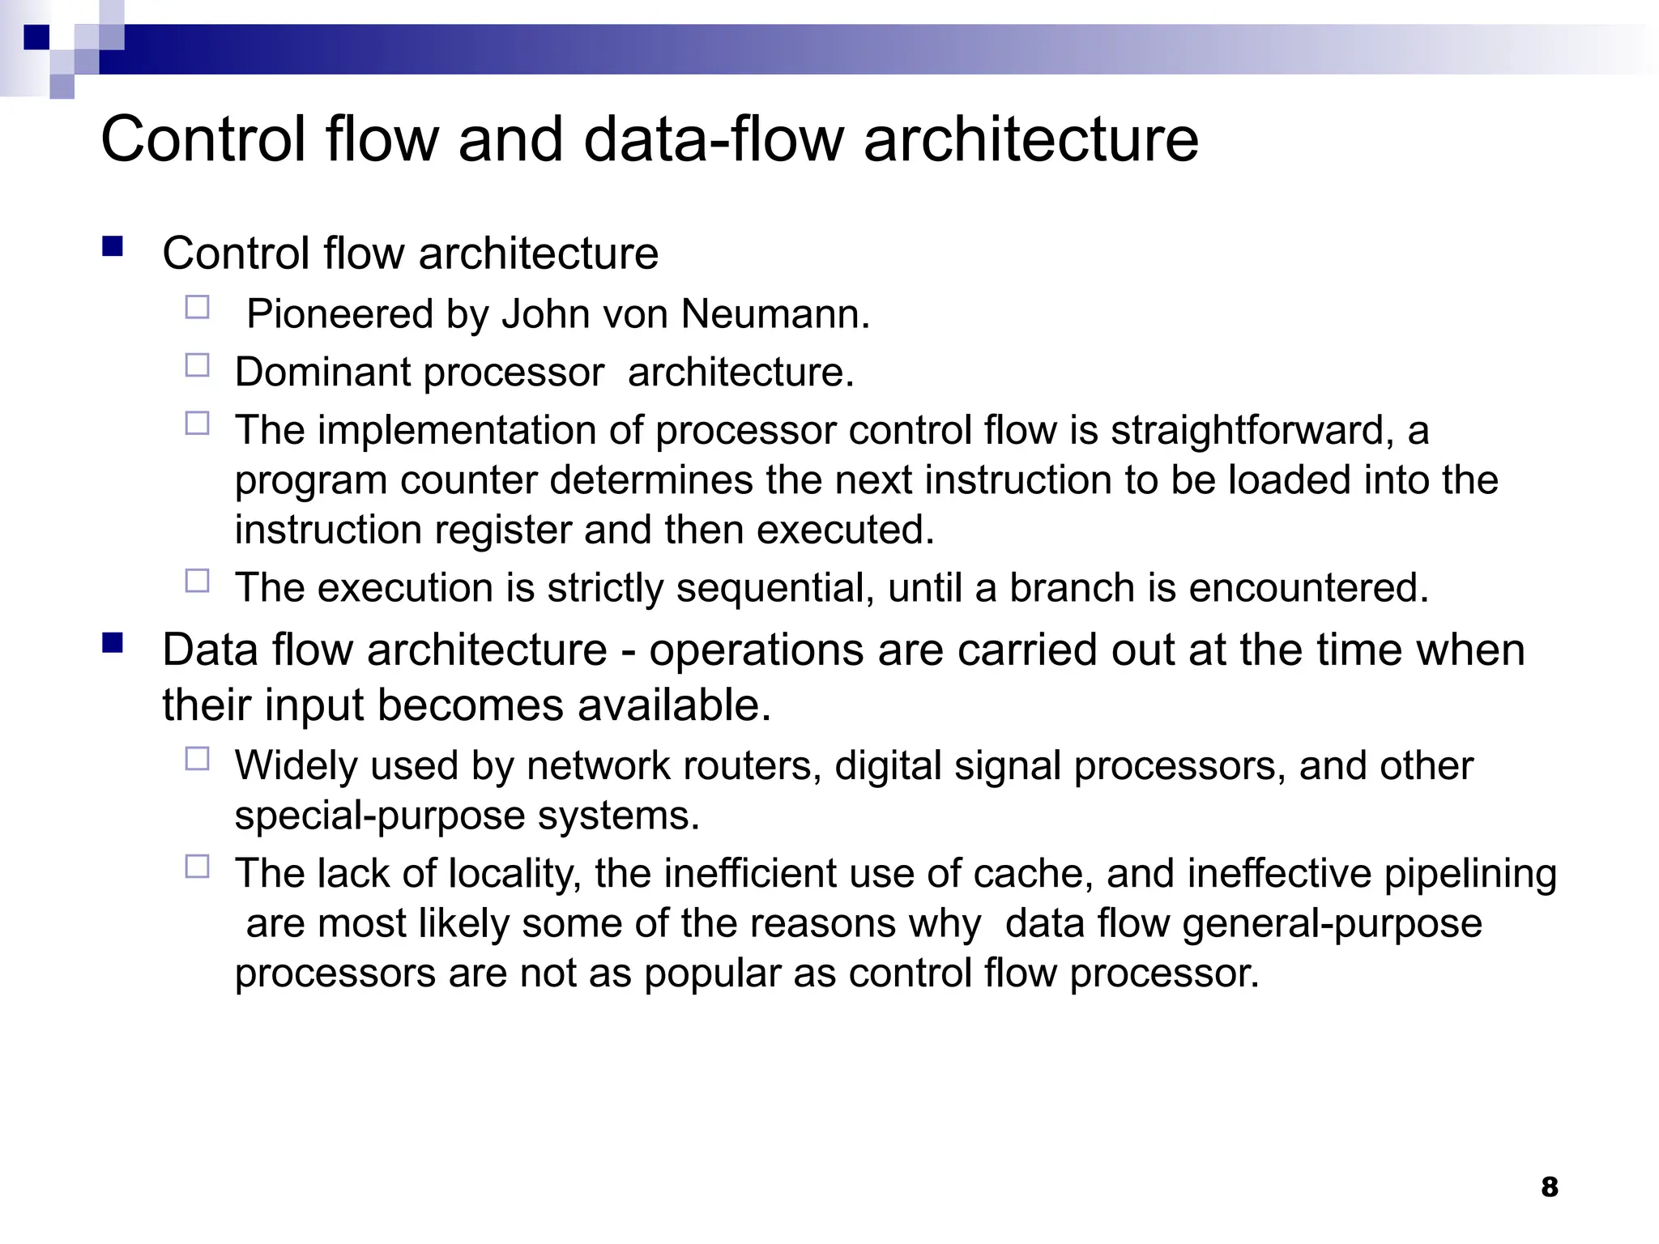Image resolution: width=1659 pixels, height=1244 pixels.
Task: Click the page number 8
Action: [1549, 1186]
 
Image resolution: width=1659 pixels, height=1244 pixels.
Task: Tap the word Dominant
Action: [323, 372]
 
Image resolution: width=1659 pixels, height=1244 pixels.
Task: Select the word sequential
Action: [775, 587]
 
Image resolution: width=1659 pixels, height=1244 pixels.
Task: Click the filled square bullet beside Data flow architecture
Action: [113, 644]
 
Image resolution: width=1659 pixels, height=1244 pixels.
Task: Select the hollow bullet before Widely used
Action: [197, 759]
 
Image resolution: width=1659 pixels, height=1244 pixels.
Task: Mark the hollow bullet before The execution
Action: [197, 581]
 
